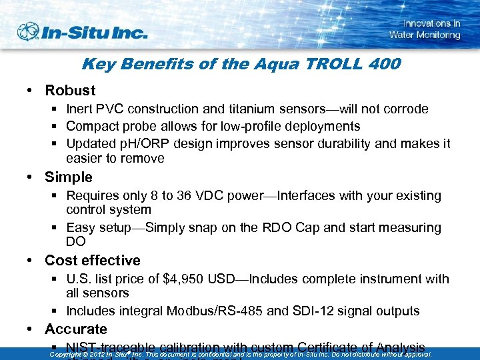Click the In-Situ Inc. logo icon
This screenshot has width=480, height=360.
pos(28,31)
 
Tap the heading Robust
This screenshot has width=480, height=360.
pos(70,90)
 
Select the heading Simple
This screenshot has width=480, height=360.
pos(68,177)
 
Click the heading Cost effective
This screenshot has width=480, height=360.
pos(93,260)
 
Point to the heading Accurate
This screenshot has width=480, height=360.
pos(75,329)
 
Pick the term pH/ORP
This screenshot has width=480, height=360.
pos(139,143)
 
